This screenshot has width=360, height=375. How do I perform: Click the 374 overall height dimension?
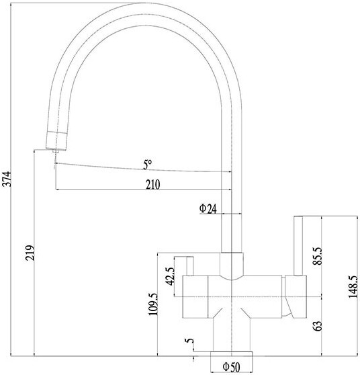pyautogui.click(x=7, y=179)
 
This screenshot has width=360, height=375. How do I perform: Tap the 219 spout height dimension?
pyautogui.click(x=30, y=253)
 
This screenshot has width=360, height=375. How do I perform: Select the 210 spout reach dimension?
pyautogui.click(x=152, y=184)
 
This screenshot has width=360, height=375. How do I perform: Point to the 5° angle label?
pyautogui.click(x=147, y=165)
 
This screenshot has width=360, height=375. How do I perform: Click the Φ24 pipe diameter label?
pyautogui.click(x=208, y=208)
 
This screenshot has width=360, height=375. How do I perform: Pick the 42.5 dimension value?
pyautogui.click(x=170, y=276)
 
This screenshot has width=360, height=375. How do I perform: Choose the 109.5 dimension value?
pyautogui.click(x=153, y=304)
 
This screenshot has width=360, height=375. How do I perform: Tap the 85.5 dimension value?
pyautogui.click(x=318, y=256)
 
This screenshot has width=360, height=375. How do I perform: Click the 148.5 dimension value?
pyautogui.click(x=353, y=287)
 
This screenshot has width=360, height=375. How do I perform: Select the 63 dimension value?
pyautogui.click(x=318, y=326)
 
